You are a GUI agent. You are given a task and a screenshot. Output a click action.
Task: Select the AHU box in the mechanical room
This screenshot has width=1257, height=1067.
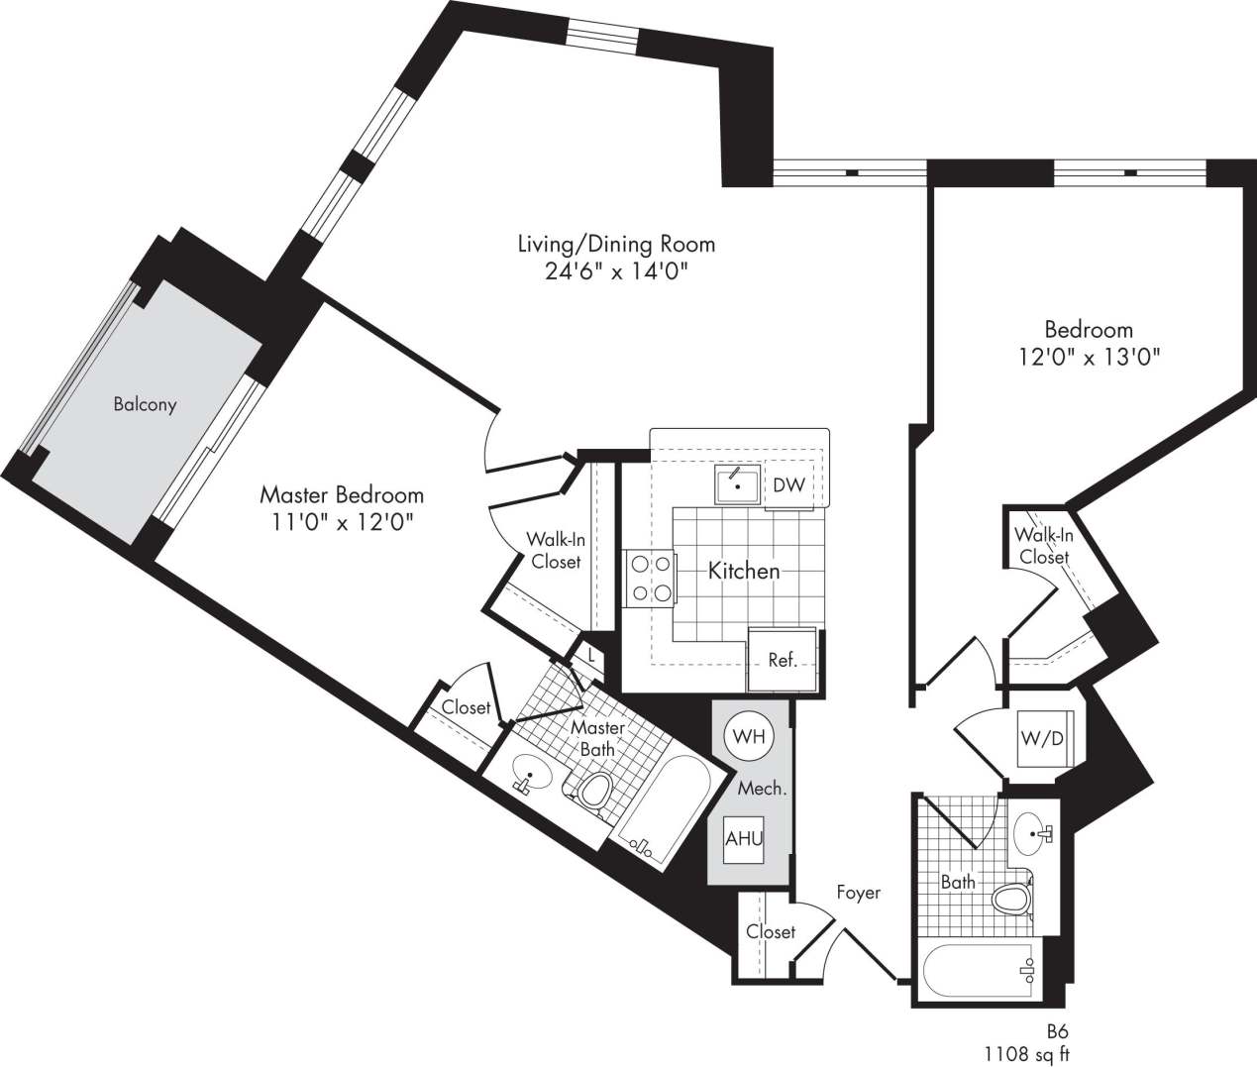coord(744,838)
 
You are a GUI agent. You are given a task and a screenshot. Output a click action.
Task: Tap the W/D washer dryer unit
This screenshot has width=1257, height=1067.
coord(1039,738)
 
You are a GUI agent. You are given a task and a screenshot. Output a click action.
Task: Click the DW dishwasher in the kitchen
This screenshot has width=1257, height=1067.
coord(788,485)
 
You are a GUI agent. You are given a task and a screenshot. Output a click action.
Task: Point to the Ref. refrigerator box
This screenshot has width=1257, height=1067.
coord(783,660)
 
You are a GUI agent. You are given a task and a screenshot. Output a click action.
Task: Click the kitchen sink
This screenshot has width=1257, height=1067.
coord(738,485)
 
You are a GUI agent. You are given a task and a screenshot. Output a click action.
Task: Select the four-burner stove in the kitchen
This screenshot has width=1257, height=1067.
coord(650,579)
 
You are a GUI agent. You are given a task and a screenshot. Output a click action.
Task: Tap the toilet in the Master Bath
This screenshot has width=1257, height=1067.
coord(594,791)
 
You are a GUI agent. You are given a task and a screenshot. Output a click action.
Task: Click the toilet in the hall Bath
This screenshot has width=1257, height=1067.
coord(1011,900)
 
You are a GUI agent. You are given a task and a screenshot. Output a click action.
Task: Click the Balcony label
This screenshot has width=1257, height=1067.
coord(145,404)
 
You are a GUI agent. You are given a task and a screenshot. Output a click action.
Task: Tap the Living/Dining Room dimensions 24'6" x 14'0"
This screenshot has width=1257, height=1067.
coord(616,272)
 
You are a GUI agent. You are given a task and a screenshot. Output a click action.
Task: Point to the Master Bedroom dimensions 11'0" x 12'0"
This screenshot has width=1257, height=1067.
coord(341,521)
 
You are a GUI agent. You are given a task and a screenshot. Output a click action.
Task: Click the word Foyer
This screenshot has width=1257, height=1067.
coord(858,893)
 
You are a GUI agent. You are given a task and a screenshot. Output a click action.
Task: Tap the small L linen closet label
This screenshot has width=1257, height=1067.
coord(590,655)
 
